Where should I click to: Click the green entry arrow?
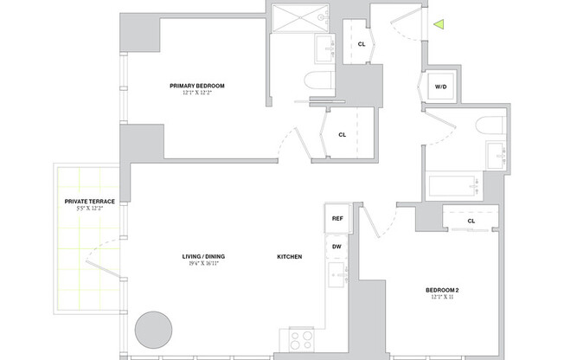pyautogui.click(x=439, y=25)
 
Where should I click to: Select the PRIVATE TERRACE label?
pyautogui.click(x=90, y=202)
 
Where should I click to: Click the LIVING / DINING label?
pyautogui.click(x=204, y=257)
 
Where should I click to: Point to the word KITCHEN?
pyautogui.click(x=289, y=257)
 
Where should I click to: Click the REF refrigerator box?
pyautogui.click(x=337, y=219)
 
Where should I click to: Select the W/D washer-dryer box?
pyautogui.click(x=440, y=87)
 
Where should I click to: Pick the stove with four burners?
pyautogui.click(x=301, y=337)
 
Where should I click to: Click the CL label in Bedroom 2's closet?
pyautogui.click(x=471, y=221)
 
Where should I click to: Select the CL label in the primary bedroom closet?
pyautogui.click(x=343, y=134)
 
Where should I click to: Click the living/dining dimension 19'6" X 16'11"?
pyautogui.click(x=204, y=266)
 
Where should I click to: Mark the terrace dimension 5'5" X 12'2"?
pyautogui.click(x=90, y=209)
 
